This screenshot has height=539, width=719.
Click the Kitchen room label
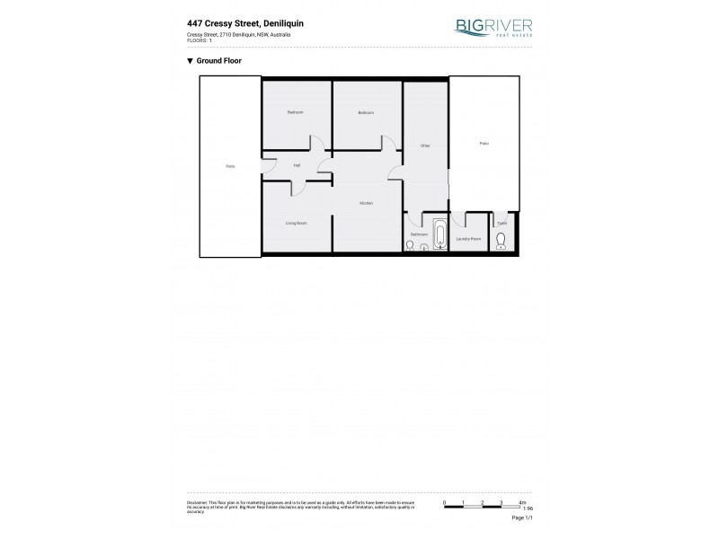[x=366, y=204]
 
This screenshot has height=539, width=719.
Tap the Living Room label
[x=297, y=223]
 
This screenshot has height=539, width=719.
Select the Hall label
[x=297, y=166]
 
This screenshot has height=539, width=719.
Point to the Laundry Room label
[x=468, y=239]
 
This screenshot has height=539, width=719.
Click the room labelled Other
[x=425, y=146]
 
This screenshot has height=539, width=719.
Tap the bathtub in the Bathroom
[x=439, y=235]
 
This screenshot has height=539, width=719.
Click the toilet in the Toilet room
[x=502, y=240]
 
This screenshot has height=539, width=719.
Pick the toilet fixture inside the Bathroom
[x=410, y=245]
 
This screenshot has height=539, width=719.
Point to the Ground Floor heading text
[x=218, y=61]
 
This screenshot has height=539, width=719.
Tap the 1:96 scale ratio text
[x=527, y=508]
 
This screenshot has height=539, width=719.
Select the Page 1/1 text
[x=523, y=518]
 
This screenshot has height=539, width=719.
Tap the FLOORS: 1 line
[x=199, y=40]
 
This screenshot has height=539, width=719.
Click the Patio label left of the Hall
[x=230, y=166]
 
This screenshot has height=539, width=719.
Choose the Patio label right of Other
[x=484, y=143]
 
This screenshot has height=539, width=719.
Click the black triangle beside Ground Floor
[x=190, y=61]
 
